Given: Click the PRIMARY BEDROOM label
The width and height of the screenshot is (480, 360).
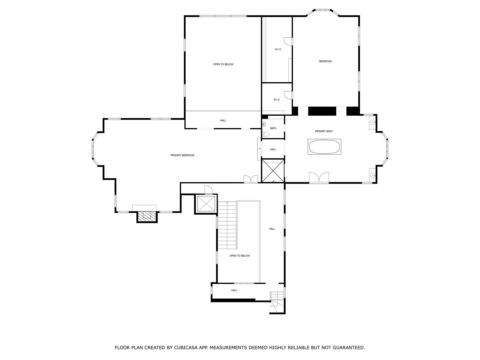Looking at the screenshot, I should (x=182, y=155).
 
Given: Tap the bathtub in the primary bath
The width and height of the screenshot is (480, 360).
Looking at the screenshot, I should (x=325, y=147).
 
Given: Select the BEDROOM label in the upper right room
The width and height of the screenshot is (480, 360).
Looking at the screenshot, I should (x=325, y=61).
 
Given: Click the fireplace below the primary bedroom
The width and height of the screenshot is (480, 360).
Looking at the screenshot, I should (x=147, y=217).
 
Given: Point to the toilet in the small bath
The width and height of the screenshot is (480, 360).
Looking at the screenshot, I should (x=266, y=134).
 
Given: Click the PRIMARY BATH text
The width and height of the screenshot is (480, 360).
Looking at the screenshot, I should (x=324, y=131).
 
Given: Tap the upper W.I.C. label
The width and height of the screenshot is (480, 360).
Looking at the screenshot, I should (x=278, y=50).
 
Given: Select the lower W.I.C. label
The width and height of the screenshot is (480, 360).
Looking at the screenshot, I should (x=277, y=100).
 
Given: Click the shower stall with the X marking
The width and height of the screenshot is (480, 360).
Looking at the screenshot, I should (x=273, y=171).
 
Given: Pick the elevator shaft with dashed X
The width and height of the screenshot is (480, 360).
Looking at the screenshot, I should (x=206, y=204).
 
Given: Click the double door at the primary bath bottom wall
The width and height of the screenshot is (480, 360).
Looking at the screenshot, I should (x=319, y=178).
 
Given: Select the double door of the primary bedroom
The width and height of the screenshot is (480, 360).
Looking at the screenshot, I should (x=251, y=179).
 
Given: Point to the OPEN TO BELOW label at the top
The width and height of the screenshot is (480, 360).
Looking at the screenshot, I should (x=223, y=64).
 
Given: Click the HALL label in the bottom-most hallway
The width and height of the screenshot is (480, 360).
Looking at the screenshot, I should (x=234, y=290).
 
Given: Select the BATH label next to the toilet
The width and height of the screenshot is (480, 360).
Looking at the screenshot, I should (x=273, y=128).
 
